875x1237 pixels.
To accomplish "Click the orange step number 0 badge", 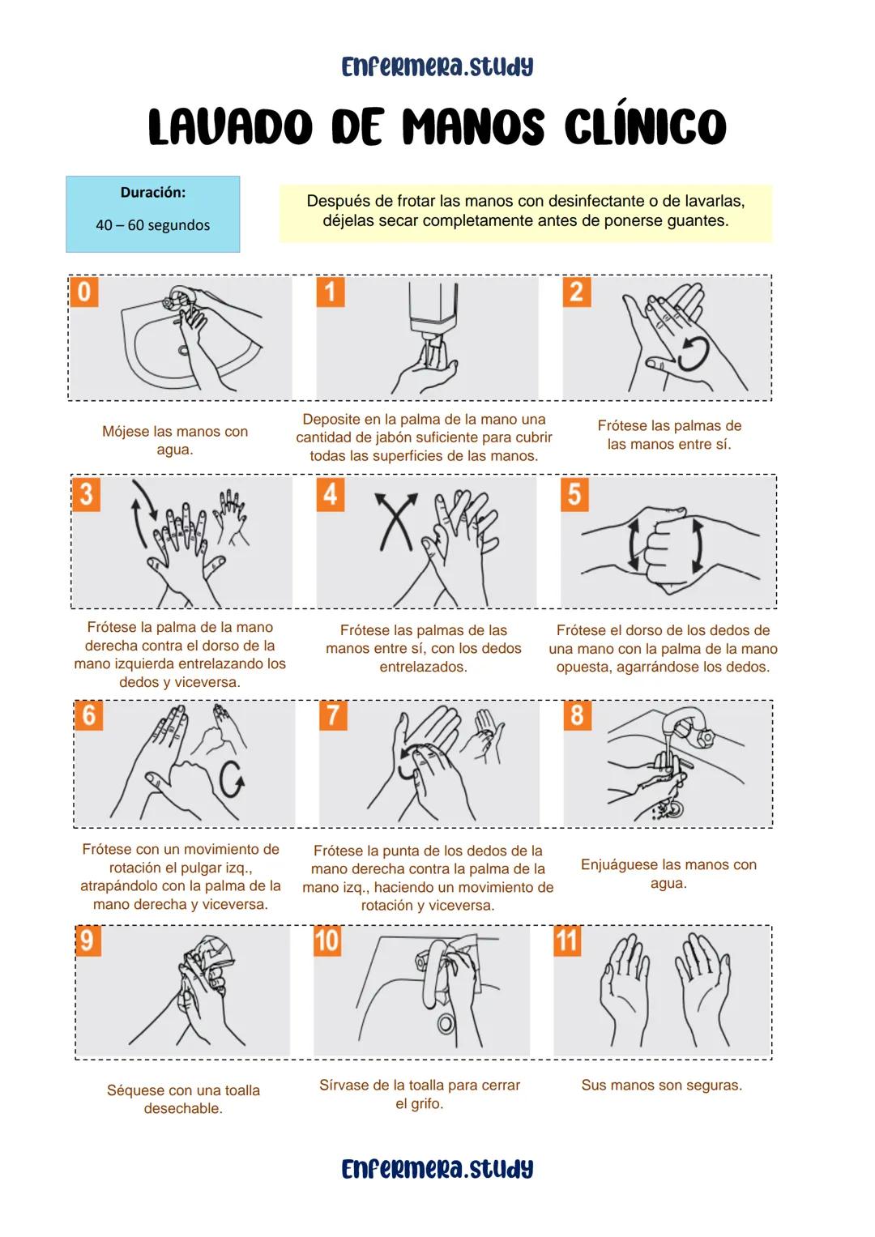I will click(x=84, y=292).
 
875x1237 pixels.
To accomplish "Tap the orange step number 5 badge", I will click(x=574, y=493).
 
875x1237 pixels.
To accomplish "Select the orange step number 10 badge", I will click(x=327, y=941).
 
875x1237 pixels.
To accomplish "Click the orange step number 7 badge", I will click(x=332, y=715).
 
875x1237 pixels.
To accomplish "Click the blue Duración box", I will click(x=153, y=214).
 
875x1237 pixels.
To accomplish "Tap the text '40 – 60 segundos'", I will click(x=152, y=225).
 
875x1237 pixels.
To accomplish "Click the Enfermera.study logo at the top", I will click(x=437, y=66).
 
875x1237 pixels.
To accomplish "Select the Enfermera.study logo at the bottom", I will click(x=437, y=1169).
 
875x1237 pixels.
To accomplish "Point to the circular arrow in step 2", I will click(x=694, y=353).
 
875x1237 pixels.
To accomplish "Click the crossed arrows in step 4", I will click(x=395, y=520).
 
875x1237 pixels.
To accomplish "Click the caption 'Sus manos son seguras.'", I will click(x=661, y=1085).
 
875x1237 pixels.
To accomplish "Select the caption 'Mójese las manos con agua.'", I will click(x=175, y=441).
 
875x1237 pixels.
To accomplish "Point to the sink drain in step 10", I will click(x=446, y=1023).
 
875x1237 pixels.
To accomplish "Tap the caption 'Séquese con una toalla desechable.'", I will click(x=183, y=1099).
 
